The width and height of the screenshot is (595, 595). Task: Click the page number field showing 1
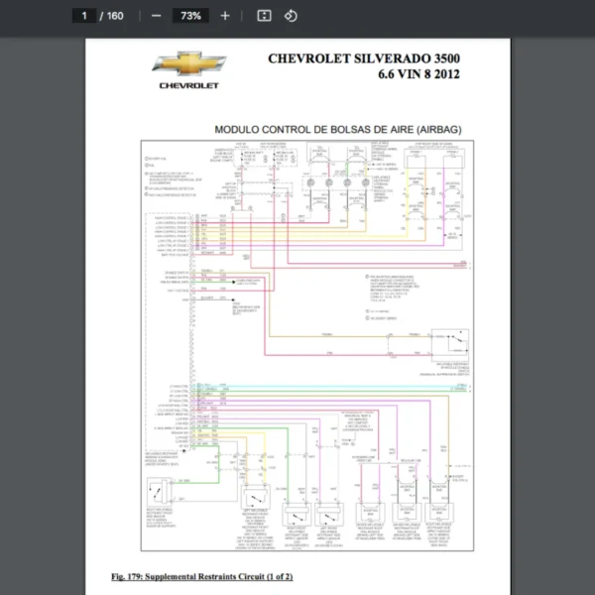point(86,16)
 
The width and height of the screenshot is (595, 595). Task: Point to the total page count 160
point(115,16)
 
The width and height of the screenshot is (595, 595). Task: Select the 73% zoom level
point(190,16)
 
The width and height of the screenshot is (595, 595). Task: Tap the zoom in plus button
point(225,16)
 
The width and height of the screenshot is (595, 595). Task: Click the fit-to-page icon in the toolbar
point(264,16)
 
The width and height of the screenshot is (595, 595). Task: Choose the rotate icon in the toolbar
point(291,16)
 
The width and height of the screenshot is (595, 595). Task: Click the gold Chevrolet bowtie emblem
point(188,64)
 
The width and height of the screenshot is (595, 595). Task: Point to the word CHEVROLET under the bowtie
point(188,85)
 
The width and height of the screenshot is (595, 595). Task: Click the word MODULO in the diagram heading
point(237,129)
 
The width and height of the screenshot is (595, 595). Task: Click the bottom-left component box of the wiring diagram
point(161,493)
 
